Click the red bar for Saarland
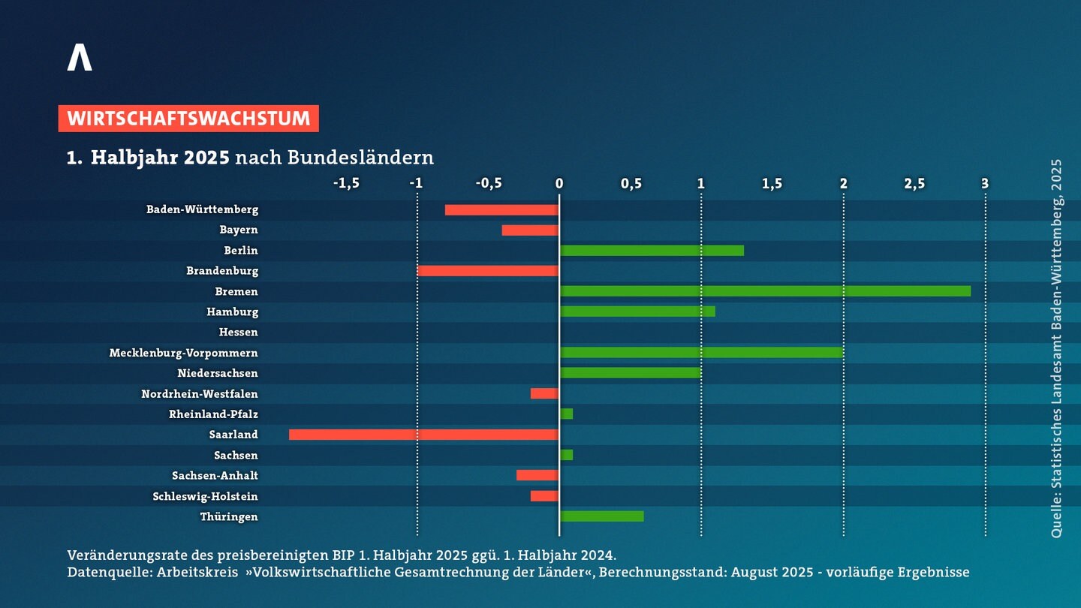tap(423, 435)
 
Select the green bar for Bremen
tap(766, 291)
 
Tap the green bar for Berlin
tap(652, 251)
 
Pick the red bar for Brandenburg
tap(488, 271)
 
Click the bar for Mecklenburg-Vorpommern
tap(702, 353)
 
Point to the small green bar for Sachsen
tap(567, 455)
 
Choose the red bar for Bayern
tap(530, 230)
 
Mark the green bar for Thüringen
tap(602, 516)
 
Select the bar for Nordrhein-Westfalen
tap(544, 394)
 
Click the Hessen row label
tap(239, 332)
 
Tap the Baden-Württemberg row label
tap(202, 209)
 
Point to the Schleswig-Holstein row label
tap(205, 496)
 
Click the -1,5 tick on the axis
tap(346, 183)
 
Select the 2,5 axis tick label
tap(914, 183)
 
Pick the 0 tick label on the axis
tap(559, 183)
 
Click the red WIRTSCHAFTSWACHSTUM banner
tap(188, 119)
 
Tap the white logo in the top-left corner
tap(80, 57)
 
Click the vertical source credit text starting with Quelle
tap(1057, 348)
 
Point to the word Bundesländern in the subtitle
tap(360, 158)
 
